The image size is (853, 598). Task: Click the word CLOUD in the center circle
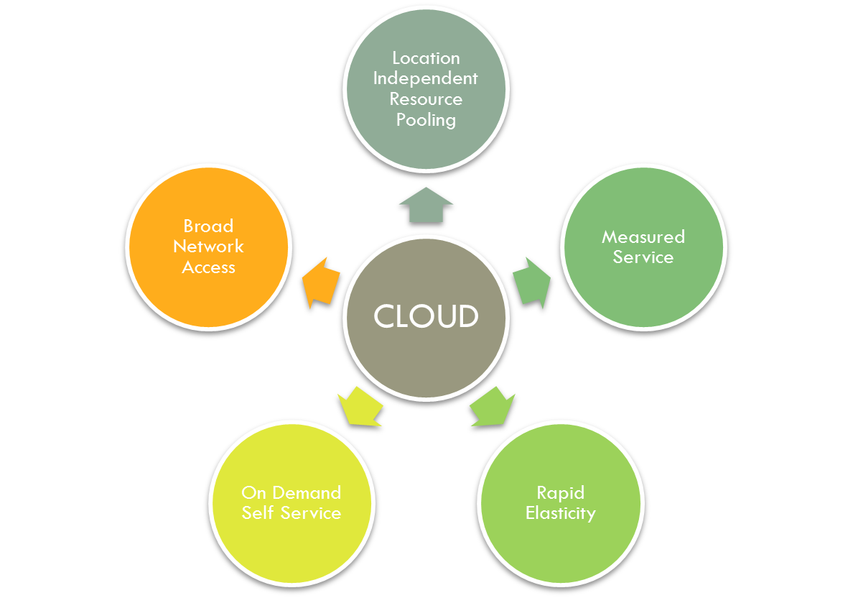point(426,316)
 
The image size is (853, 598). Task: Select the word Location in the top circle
point(426,57)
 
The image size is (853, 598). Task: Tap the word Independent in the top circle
point(425,78)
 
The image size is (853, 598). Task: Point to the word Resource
point(426,99)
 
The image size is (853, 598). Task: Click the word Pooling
point(426,120)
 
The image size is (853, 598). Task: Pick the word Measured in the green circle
point(643,236)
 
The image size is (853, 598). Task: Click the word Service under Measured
point(643,257)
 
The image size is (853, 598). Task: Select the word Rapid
point(560,492)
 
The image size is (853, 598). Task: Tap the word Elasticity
point(560,513)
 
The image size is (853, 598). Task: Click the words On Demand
point(291,492)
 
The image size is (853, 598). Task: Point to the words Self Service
point(291,513)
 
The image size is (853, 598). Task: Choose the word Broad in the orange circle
point(208,226)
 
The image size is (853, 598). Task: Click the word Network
point(208,247)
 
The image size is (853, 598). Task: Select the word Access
point(208,267)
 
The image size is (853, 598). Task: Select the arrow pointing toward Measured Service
point(532,282)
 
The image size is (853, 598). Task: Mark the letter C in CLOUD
point(384,316)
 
